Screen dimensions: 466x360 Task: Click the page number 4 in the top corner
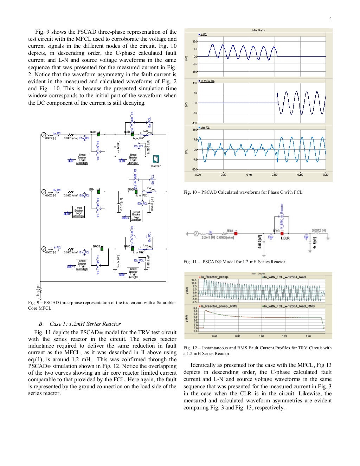point(330,19)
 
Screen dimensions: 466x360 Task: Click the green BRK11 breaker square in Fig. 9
point(99,192)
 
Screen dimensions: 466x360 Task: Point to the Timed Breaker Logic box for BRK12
point(82,265)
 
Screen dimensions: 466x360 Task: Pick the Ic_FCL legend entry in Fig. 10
point(203,34)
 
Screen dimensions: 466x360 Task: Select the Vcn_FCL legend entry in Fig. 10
point(204,128)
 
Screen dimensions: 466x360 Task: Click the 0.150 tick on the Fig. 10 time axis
point(275,175)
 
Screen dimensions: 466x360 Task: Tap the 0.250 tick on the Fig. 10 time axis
point(326,175)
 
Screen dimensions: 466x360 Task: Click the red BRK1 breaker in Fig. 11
point(236,233)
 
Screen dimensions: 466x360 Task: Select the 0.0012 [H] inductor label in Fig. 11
point(319,231)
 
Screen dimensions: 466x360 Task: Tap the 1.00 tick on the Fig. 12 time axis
point(261,336)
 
